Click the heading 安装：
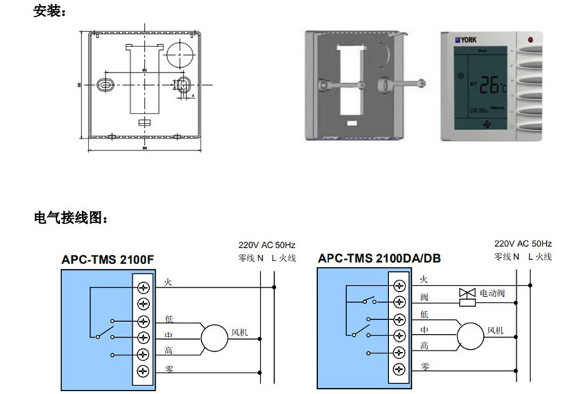coord(49,12)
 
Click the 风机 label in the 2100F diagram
coord(240,332)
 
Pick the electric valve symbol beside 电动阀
coord(468,295)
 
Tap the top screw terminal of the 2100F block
coord(146,287)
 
